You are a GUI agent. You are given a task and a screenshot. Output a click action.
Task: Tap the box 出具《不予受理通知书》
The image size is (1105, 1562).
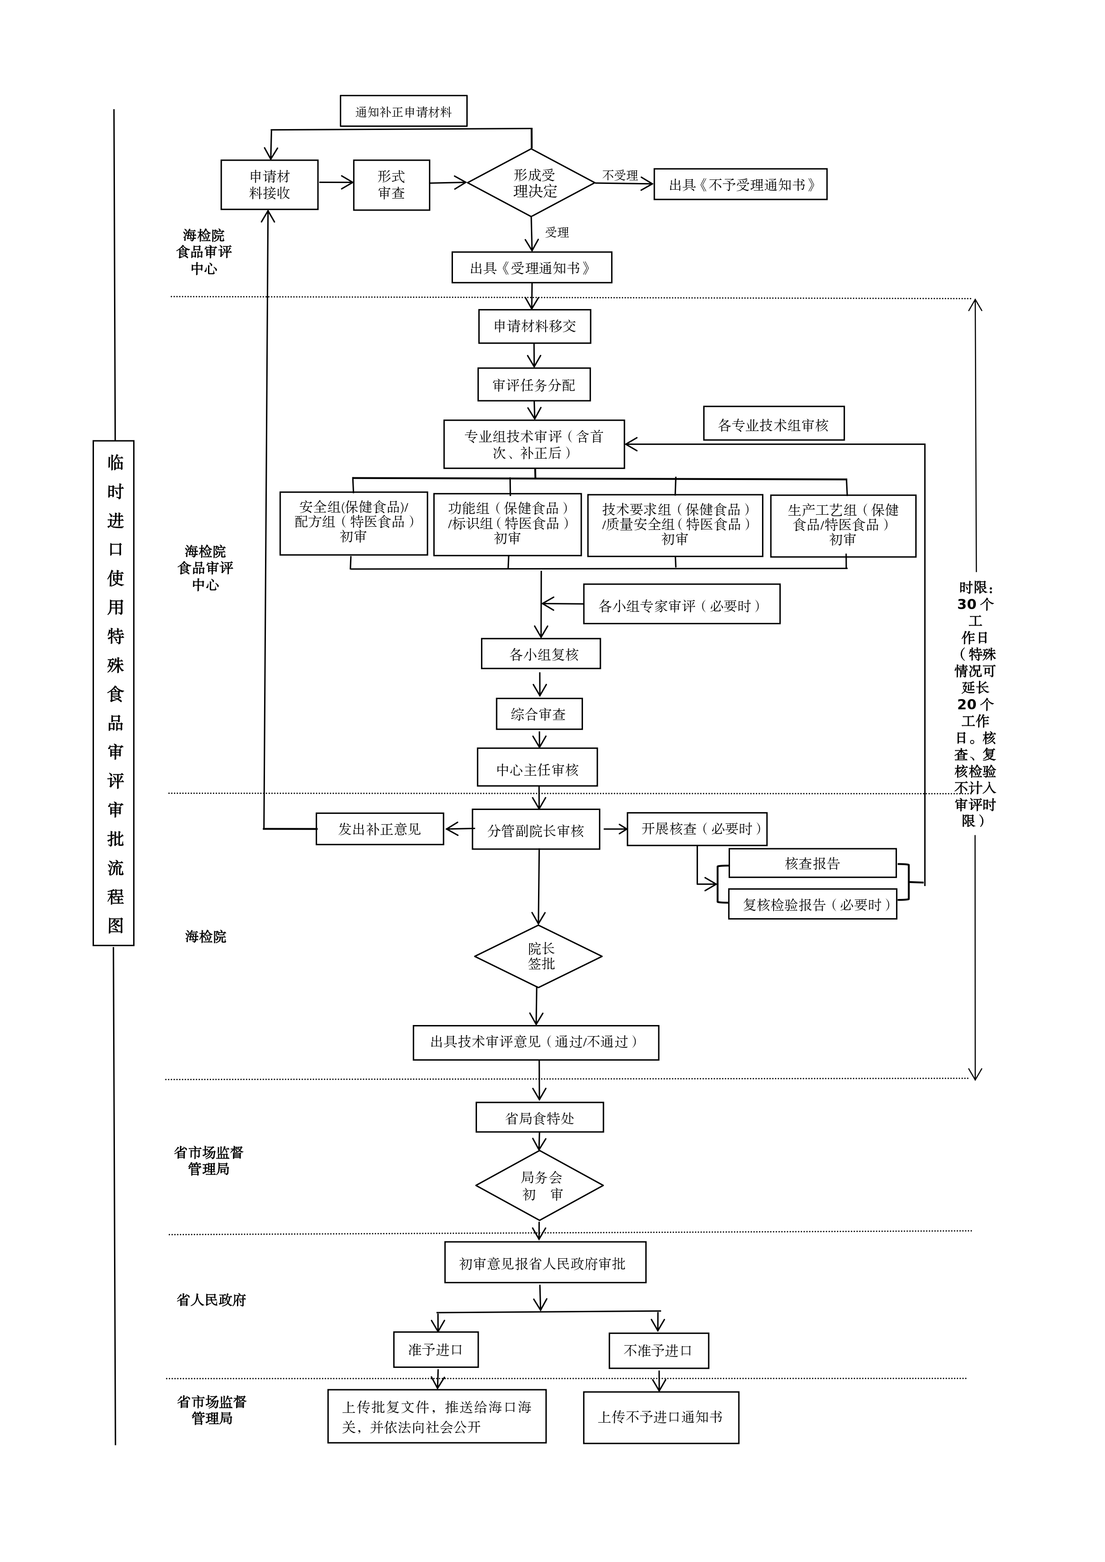pos(740,184)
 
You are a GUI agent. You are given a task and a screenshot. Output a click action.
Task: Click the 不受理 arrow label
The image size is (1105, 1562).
pos(620,175)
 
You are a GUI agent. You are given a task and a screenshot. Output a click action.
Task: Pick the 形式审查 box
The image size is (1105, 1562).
pos(391,184)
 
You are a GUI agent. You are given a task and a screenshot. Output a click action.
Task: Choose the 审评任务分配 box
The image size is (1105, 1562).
pos(534,385)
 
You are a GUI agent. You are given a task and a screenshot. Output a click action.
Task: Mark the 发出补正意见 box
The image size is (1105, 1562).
pos(379,829)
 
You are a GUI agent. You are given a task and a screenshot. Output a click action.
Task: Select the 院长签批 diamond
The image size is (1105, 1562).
pos(538,956)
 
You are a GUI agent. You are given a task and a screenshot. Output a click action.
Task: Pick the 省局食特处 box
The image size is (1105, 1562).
pos(539,1118)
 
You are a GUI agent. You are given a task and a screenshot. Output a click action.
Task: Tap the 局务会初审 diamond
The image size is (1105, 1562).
pos(539,1186)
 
